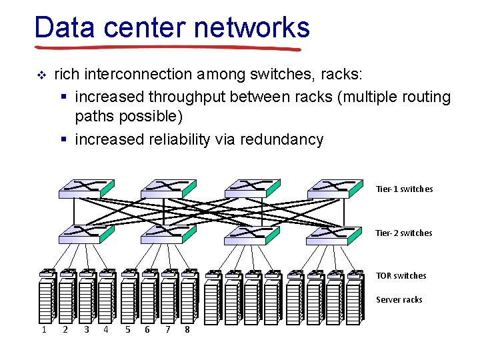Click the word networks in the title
click(x=252, y=28)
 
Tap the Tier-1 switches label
click(x=404, y=189)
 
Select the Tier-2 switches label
click(x=404, y=233)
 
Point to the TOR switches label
click(x=401, y=276)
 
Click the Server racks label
click(x=399, y=300)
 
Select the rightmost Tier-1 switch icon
click(x=335, y=189)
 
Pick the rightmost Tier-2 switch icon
click(x=335, y=233)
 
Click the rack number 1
click(x=44, y=329)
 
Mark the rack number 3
click(x=86, y=329)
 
